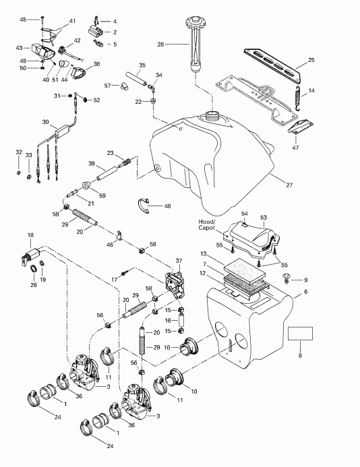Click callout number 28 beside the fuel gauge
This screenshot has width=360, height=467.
(160, 44)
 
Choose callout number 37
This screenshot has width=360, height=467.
(179, 260)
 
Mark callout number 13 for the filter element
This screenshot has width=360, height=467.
(203, 252)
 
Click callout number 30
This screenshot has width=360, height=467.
(44, 122)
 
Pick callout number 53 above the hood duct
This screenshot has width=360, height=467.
(264, 217)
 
